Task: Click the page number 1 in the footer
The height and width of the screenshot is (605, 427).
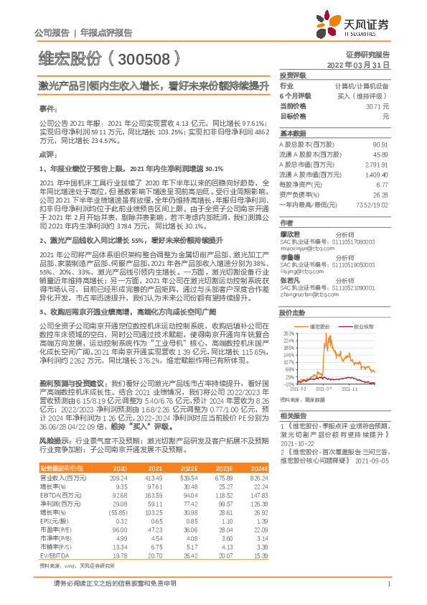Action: pyautogui.click(x=388, y=586)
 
